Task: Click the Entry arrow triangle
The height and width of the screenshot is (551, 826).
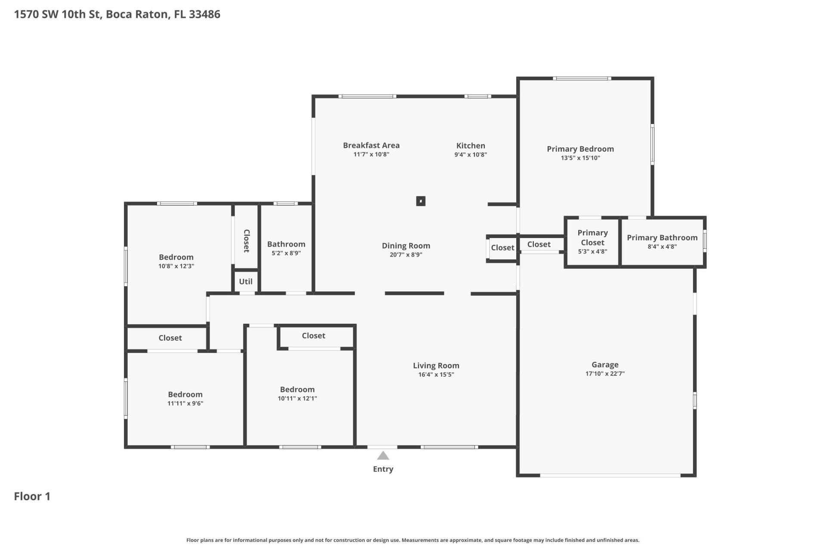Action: pyautogui.click(x=383, y=456)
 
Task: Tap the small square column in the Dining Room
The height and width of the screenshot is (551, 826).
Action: pyautogui.click(x=421, y=201)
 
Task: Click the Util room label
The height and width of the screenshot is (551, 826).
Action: pyautogui.click(x=246, y=282)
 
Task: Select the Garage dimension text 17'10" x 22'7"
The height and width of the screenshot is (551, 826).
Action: pyautogui.click(x=605, y=374)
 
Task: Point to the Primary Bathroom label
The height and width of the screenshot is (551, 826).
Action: pyautogui.click(x=662, y=238)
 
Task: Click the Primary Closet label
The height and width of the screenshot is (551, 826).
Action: pyautogui.click(x=592, y=238)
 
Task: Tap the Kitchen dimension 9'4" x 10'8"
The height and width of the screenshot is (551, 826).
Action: pyautogui.click(x=471, y=155)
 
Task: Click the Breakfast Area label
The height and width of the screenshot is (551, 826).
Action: pyautogui.click(x=371, y=145)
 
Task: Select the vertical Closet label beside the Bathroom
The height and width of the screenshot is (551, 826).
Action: pyautogui.click(x=247, y=241)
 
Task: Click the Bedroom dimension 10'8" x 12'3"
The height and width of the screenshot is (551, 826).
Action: pyautogui.click(x=176, y=266)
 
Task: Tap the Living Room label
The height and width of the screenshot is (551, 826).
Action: pyautogui.click(x=436, y=365)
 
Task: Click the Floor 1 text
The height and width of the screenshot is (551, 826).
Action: pyautogui.click(x=32, y=496)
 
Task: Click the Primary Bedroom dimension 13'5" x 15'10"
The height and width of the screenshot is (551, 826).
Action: pyautogui.click(x=580, y=158)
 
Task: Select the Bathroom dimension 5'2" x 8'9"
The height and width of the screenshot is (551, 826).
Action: pyautogui.click(x=286, y=253)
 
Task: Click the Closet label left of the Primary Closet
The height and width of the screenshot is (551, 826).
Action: pyautogui.click(x=539, y=245)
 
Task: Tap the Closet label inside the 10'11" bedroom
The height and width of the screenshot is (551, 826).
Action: pyautogui.click(x=313, y=336)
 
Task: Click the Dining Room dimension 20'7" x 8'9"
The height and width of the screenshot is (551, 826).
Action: pyautogui.click(x=406, y=255)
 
